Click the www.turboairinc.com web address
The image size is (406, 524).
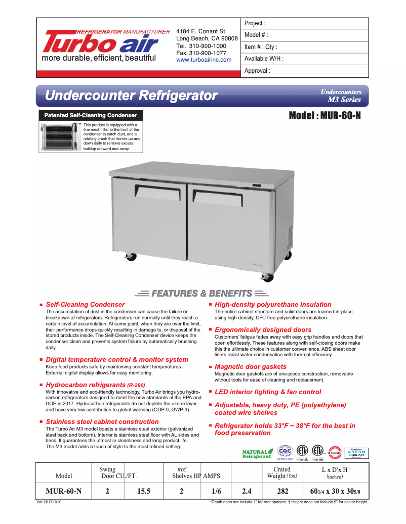(x=204, y=60)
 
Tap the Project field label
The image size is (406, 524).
(x=255, y=23)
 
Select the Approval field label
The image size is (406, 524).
(x=257, y=71)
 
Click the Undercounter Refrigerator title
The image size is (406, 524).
(x=131, y=95)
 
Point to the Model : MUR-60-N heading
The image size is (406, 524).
(x=324, y=116)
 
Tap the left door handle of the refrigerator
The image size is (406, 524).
(x=157, y=190)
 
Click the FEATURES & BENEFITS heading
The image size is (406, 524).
(x=202, y=293)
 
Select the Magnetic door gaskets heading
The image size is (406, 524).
(x=250, y=366)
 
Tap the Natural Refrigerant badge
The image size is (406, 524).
(x=257, y=453)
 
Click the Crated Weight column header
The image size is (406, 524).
(x=282, y=472)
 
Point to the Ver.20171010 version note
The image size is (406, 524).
(x=53, y=502)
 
